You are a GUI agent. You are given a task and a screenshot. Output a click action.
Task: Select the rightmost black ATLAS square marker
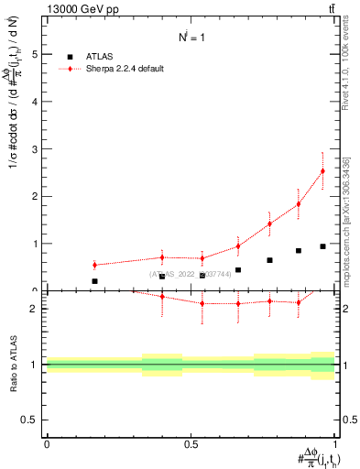pos(322,246)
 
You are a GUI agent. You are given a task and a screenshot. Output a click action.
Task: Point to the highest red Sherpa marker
pos(322,170)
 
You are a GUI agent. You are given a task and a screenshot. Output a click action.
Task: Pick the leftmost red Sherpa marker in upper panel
pos(94,265)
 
